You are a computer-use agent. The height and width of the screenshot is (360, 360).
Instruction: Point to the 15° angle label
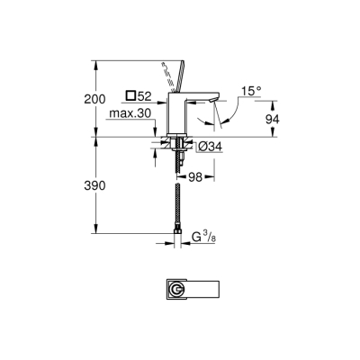click(x=251, y=90)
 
